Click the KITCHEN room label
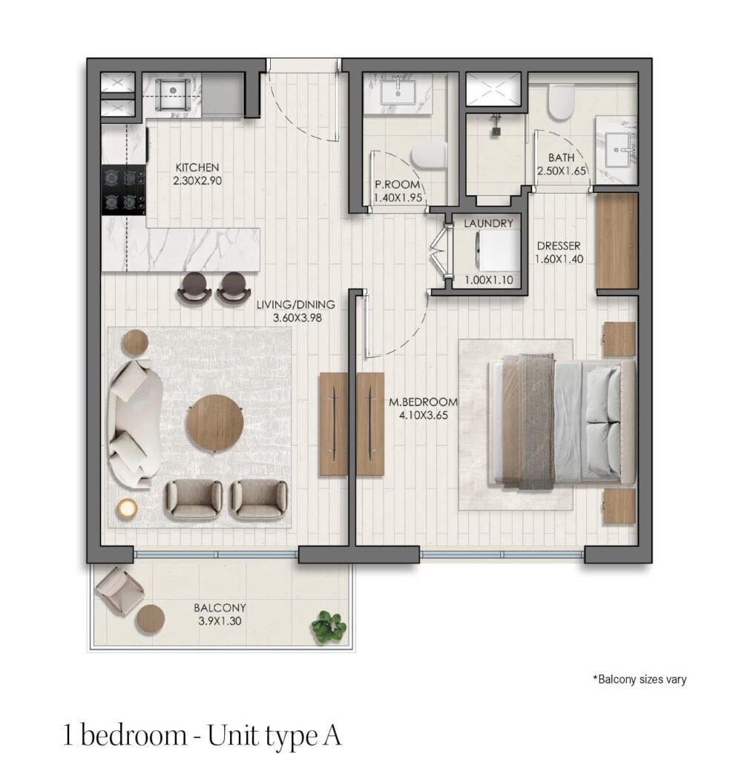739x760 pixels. coord(197,168)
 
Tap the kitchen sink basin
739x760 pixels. coord(173,94)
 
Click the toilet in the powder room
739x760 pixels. coord(429,157)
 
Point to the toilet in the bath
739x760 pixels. coord(561,101)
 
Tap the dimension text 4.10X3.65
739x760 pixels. coord(424,416)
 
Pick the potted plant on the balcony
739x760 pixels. coord(329,625)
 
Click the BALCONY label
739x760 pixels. coord(220,608)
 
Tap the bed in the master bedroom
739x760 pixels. coord(562,420)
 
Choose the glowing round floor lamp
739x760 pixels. coord(127,508)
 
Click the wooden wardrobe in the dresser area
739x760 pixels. coord(617,241)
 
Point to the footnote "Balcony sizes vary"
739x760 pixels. coord(640,679)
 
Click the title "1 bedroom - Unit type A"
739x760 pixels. coord(203,736)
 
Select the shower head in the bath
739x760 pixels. coord(495,125)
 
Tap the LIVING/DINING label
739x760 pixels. coord(295,305)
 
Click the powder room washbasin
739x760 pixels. coord(398,93)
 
